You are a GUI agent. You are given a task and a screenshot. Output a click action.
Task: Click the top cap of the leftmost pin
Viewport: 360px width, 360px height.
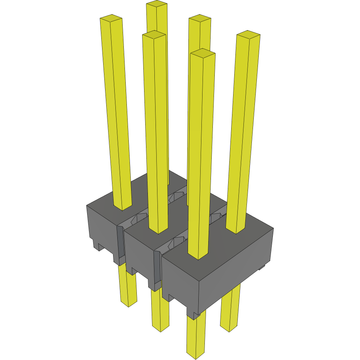point(111,18)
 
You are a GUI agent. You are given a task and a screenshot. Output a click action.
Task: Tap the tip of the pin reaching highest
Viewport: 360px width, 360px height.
point(157,4)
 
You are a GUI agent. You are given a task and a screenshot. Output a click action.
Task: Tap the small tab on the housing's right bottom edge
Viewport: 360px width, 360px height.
point(262,267)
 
